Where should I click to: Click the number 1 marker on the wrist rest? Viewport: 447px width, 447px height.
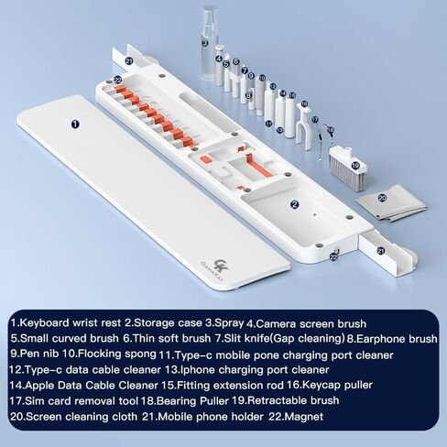[x=75, y=124]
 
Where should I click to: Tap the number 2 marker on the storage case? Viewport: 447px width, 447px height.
[x=294, y=204]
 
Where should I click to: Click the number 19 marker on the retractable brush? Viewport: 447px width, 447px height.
[x=355, y=166]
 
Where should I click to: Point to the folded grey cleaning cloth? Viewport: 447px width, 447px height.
[x=392, y=202]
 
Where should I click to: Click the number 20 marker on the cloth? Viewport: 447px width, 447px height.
[x=382, y=198]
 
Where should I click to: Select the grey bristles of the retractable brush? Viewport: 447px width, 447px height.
[x=346, y=174]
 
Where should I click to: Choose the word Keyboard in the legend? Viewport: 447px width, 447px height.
[x=44, y=323]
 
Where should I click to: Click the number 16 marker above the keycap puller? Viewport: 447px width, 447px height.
[x=304, y=104]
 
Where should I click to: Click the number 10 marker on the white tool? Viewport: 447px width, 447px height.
[x=262, y=78]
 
